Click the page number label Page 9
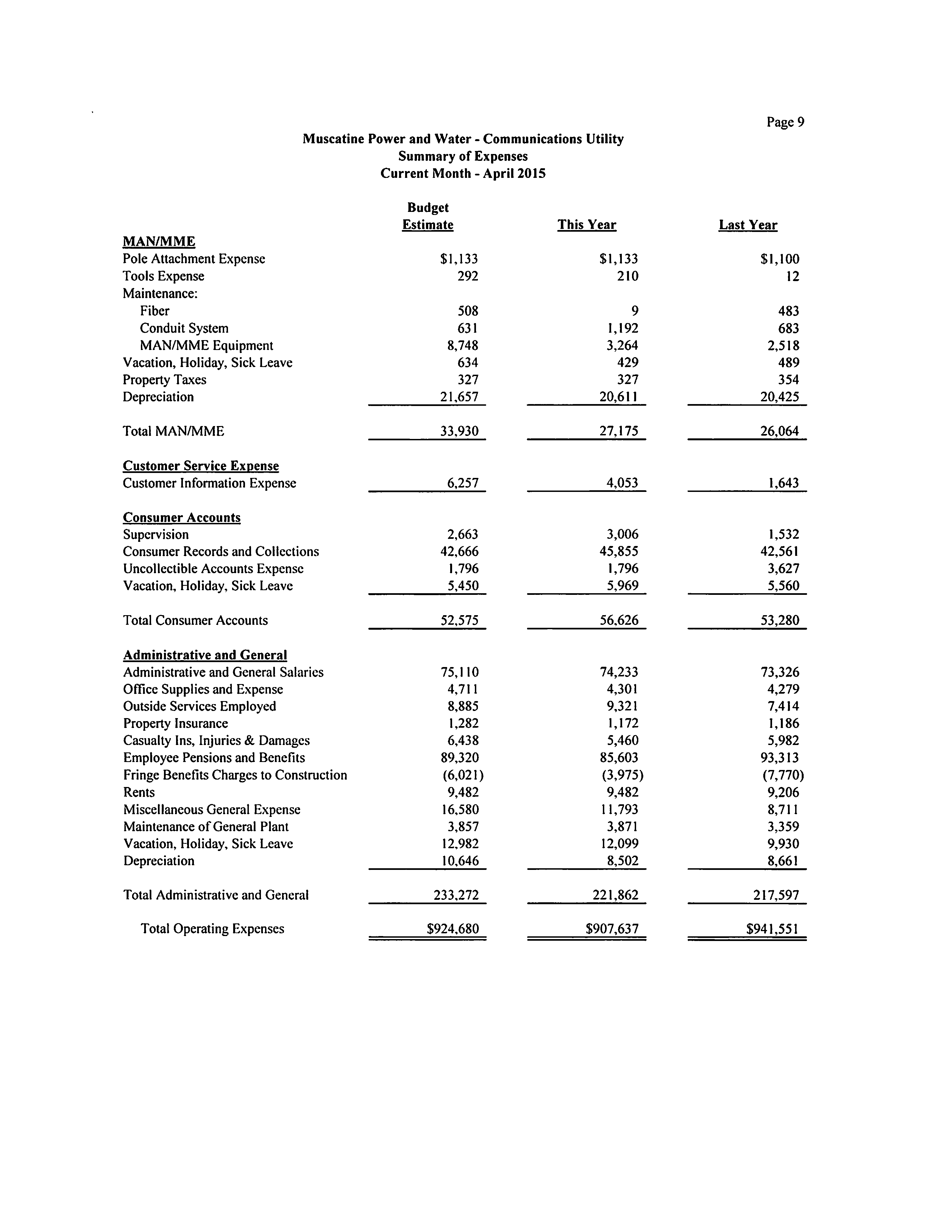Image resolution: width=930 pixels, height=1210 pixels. point(785,122)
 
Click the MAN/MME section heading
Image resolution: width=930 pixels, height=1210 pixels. point(159,242)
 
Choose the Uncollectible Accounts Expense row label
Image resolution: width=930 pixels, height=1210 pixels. point(213,569)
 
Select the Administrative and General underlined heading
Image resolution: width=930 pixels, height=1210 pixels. point(205,655)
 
